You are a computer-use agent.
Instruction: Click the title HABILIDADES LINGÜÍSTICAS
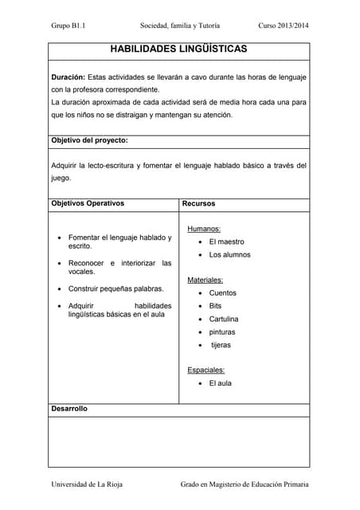tap(178, 49)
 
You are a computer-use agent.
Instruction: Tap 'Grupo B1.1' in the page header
tap(68, 25)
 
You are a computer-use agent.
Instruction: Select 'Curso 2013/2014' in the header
tap(284, 25)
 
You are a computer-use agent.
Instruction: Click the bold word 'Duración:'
tap(68, 76)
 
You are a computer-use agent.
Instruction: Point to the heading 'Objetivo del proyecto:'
tap(89, 140)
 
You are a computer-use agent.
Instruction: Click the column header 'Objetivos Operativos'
tap(88, 203)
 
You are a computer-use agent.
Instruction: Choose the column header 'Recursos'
tap(198, 203)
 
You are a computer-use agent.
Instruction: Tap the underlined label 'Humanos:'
tap(204, 229)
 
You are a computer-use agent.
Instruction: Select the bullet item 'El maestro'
tap(226, 241)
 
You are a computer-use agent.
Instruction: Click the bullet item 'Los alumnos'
tap(229, 255)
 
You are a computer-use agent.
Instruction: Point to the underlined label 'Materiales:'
tap(205, 280)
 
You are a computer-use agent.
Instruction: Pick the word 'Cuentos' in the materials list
tap(222, 293)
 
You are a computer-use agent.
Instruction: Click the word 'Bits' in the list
tap(215, 306)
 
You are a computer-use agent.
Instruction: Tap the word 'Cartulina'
tap(224, 319)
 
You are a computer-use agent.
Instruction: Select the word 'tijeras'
tap(221, 345)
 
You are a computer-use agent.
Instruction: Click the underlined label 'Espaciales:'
tap(206, 370)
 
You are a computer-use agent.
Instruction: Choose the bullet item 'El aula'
tap(220, 383)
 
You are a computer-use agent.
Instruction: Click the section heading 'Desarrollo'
tap(69, 409)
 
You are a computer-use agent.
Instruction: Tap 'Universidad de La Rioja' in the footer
tap(87, 484)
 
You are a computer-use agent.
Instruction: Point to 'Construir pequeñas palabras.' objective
tap(116, 288)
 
